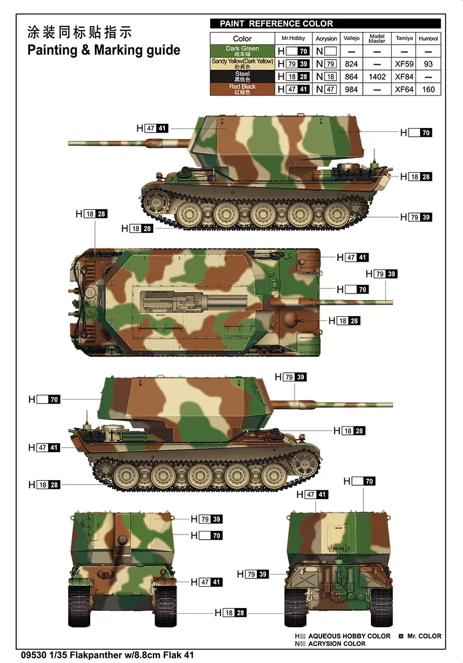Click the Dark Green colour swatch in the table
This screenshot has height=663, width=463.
242,51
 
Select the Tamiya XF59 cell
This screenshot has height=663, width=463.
405,64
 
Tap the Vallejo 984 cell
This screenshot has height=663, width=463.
351,89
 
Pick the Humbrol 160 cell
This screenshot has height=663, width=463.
428,89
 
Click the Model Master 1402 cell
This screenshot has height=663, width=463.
377,76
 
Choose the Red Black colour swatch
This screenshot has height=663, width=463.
242,89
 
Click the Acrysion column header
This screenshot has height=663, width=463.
326,38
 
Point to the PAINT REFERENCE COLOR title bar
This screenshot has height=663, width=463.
325,24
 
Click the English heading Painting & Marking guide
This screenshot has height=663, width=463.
104,50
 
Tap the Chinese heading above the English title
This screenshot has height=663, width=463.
79,32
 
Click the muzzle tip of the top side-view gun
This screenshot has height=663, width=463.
69,144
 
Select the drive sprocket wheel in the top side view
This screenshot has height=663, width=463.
153,203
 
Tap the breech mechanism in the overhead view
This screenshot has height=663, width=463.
169,302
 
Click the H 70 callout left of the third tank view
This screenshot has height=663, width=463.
45,399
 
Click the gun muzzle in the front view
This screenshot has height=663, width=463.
123,540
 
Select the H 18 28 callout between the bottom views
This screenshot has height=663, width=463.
230,613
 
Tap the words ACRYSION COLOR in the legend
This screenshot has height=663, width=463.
337,643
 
